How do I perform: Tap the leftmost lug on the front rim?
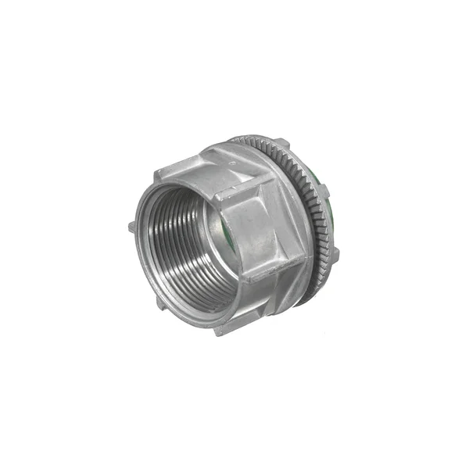pyautogui.click(x=131, y=227)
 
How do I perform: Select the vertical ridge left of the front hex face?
pyautogui.click(x=235, y=234)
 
